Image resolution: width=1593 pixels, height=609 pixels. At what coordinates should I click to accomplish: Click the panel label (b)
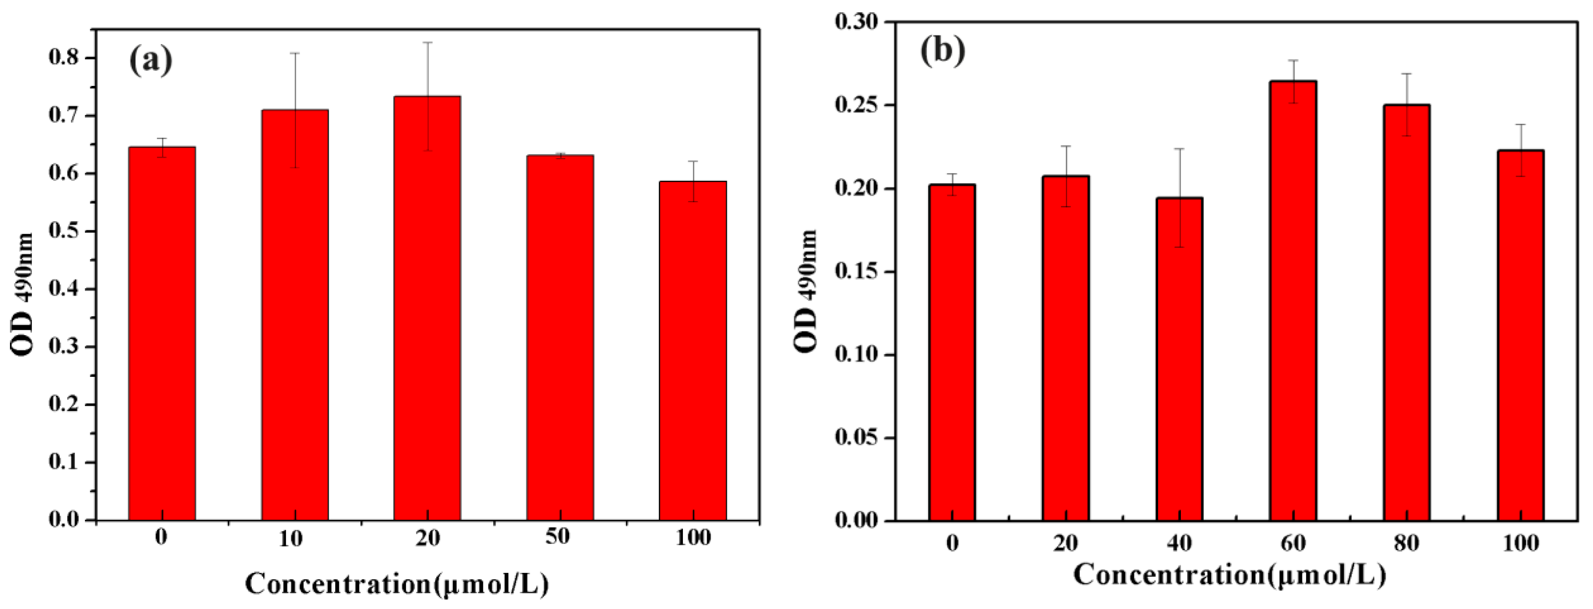point(942,49)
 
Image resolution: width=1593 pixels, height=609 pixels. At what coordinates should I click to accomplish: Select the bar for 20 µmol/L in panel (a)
point(427,309)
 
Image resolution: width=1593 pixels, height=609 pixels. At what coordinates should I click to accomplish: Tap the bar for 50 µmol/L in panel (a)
point(560,337)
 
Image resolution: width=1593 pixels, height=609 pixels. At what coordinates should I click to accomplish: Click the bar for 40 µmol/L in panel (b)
point(1179,359)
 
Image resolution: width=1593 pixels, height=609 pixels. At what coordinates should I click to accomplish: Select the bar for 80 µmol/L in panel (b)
point(1407,312)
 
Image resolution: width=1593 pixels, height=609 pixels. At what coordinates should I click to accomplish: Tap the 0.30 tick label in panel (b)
point(856,22)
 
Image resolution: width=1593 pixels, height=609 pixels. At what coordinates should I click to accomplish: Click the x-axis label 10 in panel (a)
point(291,538)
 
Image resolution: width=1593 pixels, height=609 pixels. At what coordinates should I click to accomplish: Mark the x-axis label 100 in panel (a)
point(692,537)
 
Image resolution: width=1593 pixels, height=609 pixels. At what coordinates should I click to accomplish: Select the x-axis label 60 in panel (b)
point(1293,543)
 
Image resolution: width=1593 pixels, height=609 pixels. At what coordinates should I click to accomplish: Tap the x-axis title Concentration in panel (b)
point(1229,575)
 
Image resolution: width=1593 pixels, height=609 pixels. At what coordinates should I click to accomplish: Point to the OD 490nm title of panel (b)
point(806,291)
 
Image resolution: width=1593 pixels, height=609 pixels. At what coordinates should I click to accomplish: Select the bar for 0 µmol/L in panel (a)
point(162,334)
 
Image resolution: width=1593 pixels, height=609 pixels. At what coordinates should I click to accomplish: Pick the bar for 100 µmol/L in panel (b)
point(1520,334)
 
